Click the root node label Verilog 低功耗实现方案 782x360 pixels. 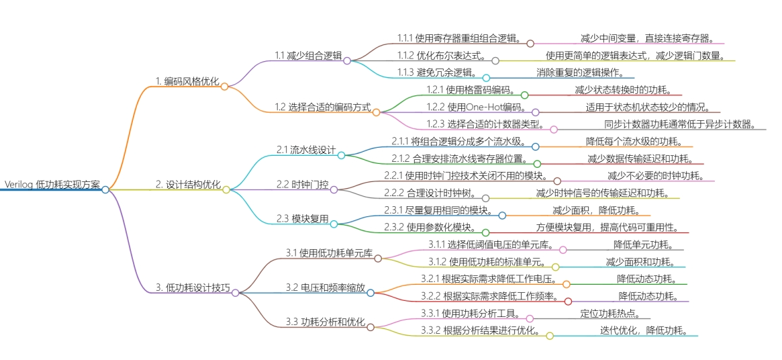tap(52, 184)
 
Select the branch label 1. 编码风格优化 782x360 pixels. tap(187, 81)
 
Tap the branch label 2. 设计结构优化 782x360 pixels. tap(188, 184)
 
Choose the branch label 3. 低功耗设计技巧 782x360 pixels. tap(193, 287)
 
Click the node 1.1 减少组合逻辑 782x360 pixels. tap(308, 55)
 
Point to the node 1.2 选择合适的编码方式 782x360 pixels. tap(322, 106)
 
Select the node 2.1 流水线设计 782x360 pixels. tap(306, 150)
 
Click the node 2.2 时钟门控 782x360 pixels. tap(303, 184)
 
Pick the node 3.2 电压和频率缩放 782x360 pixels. tap(326, 287)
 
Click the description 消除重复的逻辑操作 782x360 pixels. tap(579, 72)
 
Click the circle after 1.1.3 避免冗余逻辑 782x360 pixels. tap(487, 77)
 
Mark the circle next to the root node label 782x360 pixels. tap(105, 189)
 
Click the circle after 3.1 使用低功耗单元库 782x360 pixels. tap(378, 258)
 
